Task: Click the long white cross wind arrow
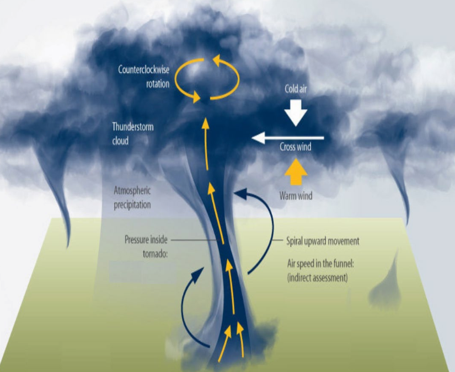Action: point(287,138)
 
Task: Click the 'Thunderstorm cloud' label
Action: point(132,133)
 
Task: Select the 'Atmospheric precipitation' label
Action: point(132,197)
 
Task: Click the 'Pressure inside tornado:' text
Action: point(146,246)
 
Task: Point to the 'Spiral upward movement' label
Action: point(323,241)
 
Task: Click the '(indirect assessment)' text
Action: point(317,278)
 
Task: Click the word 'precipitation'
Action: point(132,204)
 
